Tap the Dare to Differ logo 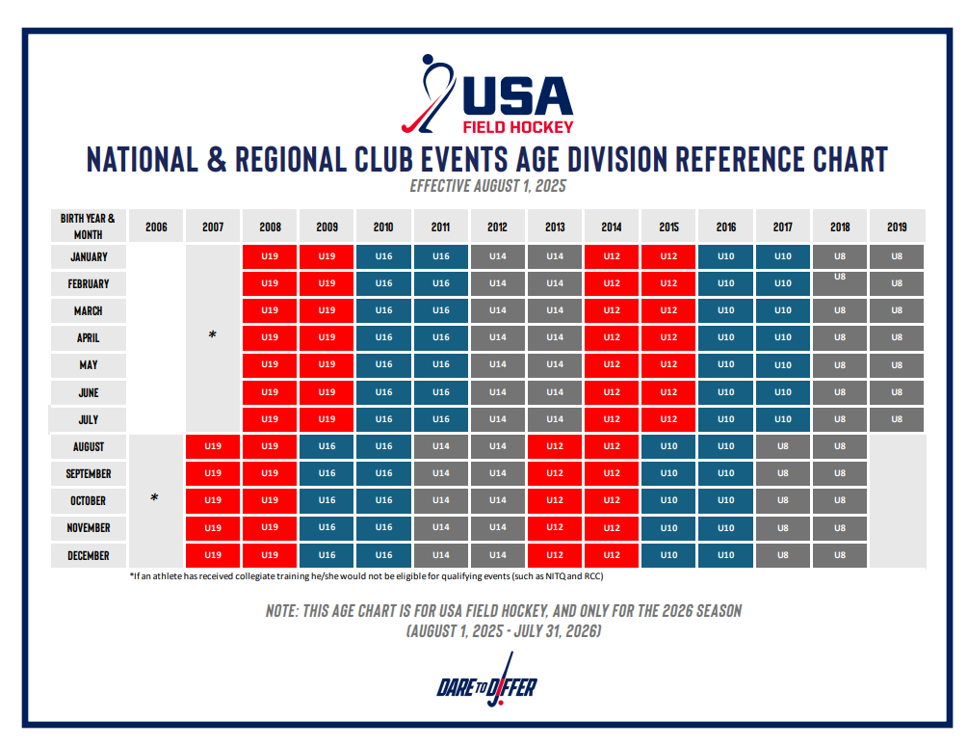pyautogui.click(x=486, y=688)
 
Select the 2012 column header pyautogui.click(x=497, y=226)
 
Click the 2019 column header pyautogui.click(x=897, y=226)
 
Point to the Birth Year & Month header pyautogui.click(x=88, y=226)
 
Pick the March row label pyautogui.click(x=88, y=311)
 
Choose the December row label pyautogui.click(x=88, y=556)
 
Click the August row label pyautogui.click(x=88, y=447)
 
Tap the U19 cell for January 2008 pyautogui.click(x=270, y=256)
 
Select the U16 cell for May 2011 pyautogui.click(x=440, y=365)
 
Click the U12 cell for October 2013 pyautogui.click(x=555, y=501)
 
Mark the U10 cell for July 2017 pyautogui.click(x=783, y=419)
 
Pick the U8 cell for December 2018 pyautogui.click(x=840, y=556)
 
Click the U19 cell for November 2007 pyautogui.click(x=213, y=528)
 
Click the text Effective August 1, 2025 pyautogui.click(x=487, y=186)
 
